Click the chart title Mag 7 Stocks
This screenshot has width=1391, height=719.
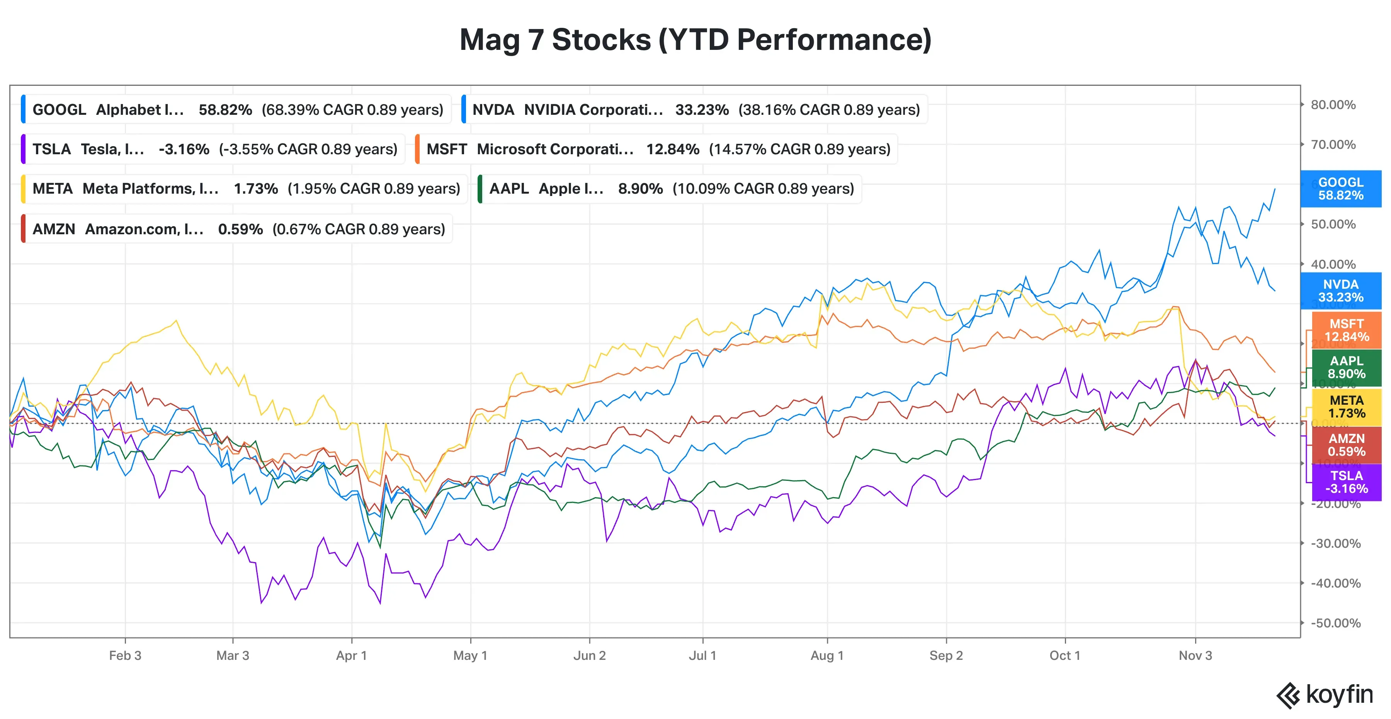[x=695, y=40]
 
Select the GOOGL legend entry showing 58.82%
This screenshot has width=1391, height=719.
[x=236, y=110]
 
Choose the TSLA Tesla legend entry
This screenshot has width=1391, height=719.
[x=214, y=149]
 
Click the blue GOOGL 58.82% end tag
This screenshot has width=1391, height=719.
[x=1340, y=189]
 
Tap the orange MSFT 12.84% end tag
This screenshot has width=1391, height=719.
[x=1346, y=330]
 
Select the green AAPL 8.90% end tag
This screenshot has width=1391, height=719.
[x=1346, y=367]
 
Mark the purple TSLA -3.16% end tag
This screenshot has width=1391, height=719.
[x=1346, y=482]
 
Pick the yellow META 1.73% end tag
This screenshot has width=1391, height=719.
[x=1346, y=407]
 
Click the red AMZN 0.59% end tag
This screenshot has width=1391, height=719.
[x=1346, y=445]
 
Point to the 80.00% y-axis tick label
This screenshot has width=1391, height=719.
[x=1333, y=105]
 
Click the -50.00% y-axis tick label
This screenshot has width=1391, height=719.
[x=1335, y=623]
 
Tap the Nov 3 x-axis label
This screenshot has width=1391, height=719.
[x=1195, y=656]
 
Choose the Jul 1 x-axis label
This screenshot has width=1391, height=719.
[x=702, y=656]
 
